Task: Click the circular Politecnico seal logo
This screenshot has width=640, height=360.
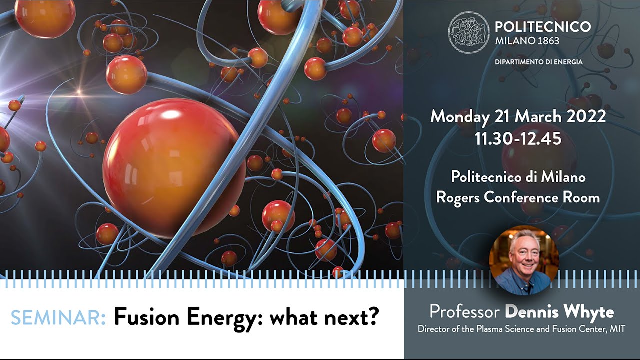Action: (469, 33)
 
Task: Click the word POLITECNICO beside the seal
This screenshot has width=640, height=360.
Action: (543, 27)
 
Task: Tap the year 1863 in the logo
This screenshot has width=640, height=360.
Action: (548, 41)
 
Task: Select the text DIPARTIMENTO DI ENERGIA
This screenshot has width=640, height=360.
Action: (539, 62)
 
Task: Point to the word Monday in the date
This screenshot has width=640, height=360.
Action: (460, 117)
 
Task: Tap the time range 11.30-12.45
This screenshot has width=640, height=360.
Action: (518, 139)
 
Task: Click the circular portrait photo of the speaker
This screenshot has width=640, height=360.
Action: (524, 260)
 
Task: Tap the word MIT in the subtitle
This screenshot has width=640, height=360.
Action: (617, 329)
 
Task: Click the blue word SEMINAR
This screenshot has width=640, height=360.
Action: (58, 317)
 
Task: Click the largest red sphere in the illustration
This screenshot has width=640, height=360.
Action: (174, 168)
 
